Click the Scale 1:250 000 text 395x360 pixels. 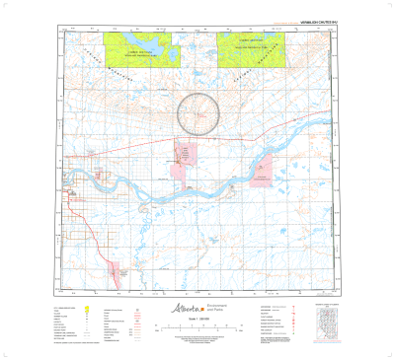pos(197,322)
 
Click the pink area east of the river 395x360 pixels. pos(261,174)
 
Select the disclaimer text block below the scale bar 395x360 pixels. pos(197,340)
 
